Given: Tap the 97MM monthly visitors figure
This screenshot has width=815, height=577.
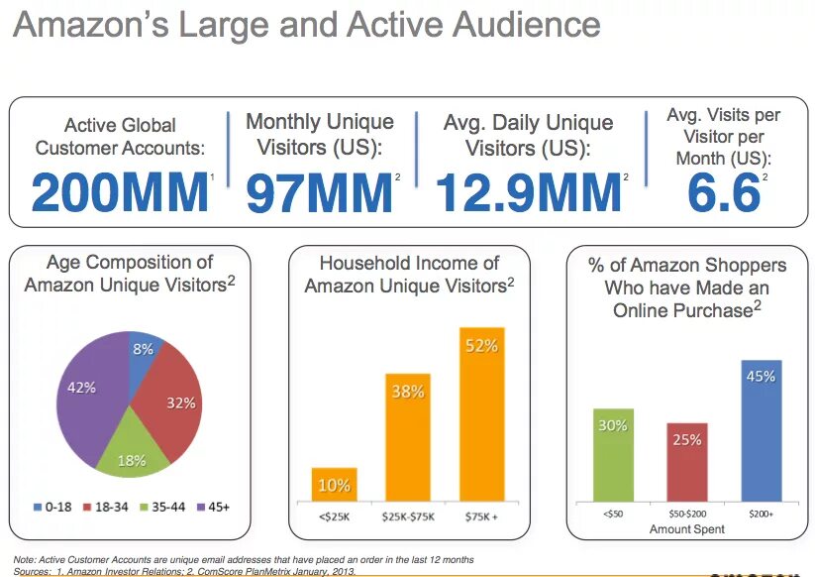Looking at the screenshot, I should (319, 192).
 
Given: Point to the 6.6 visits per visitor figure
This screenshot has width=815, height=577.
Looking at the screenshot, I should (723, 192).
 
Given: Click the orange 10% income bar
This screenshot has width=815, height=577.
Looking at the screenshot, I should (334, 485).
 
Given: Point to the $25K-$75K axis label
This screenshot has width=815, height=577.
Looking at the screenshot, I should (408, 517).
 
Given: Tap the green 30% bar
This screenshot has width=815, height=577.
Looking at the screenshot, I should (613, 456).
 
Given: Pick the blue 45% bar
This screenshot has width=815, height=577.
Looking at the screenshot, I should (762, 431).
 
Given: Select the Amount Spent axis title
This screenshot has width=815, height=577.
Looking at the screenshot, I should (688, 529).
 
